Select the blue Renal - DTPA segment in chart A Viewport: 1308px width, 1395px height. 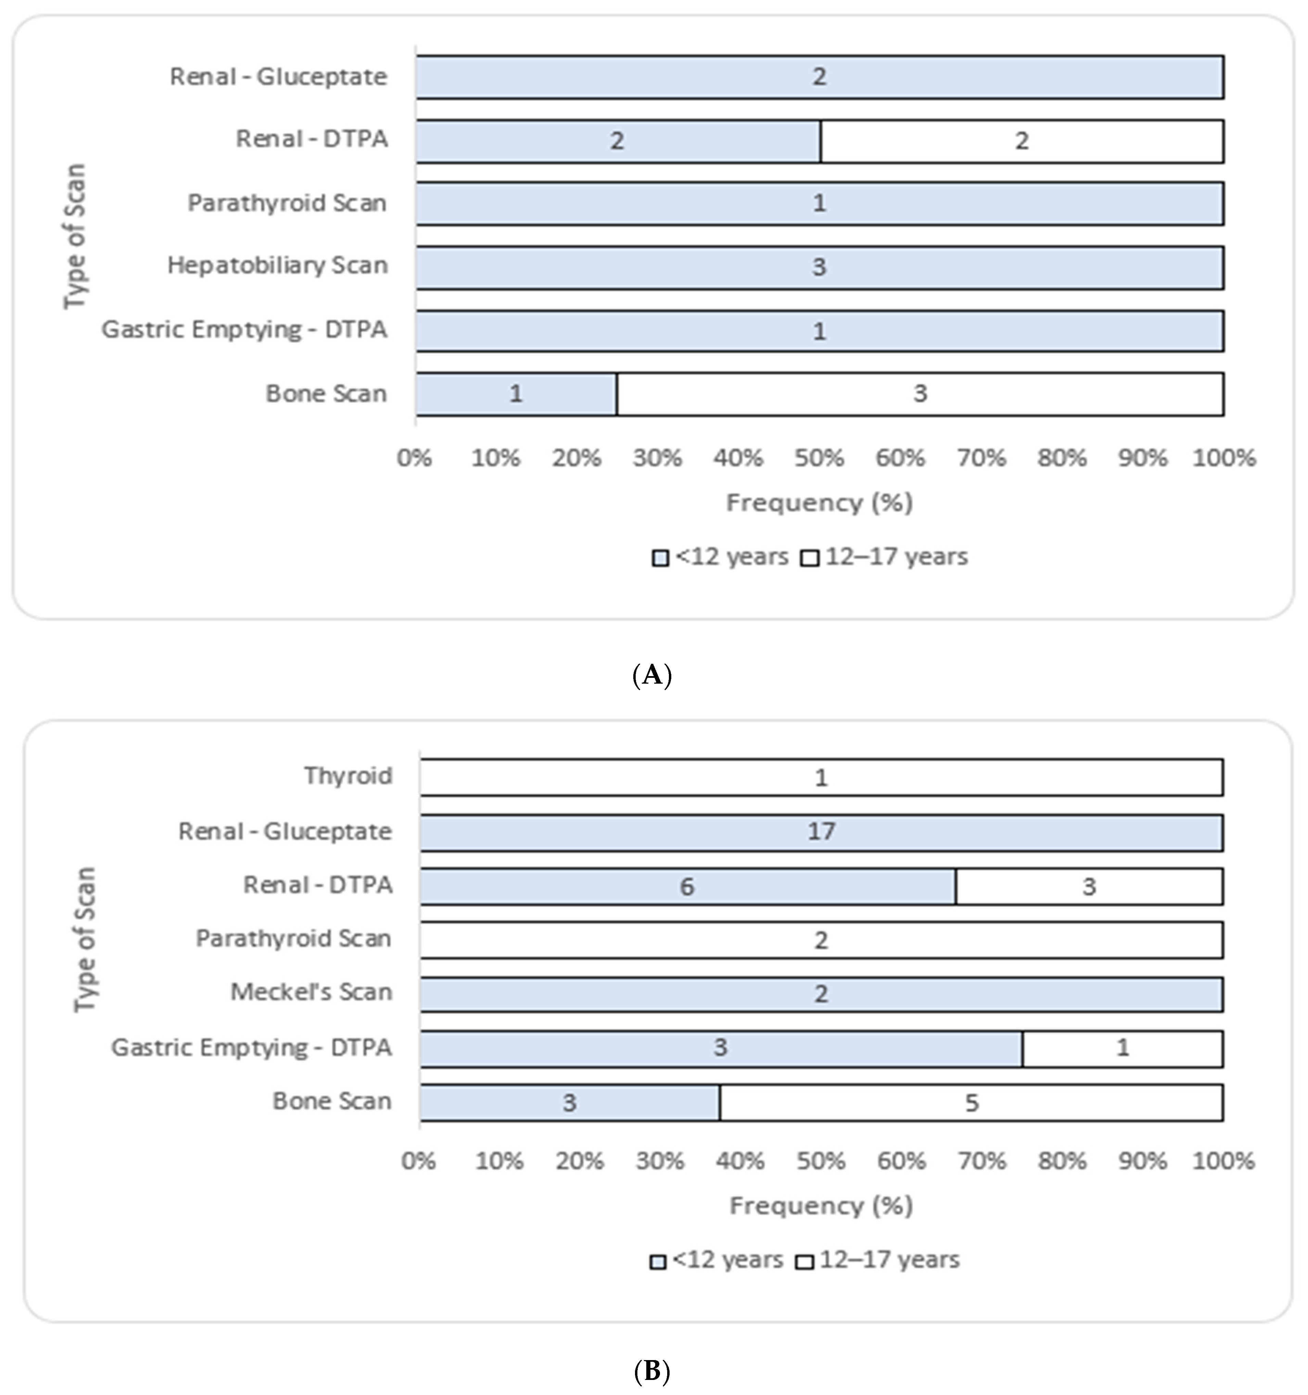(618, 141)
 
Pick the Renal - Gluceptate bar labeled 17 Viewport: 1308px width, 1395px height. (821, 832)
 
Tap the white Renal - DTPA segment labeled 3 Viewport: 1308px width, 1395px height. (1088, 886)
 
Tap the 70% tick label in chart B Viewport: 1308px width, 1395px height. (982, 1161)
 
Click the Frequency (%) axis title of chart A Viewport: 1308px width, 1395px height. (819, 503)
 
